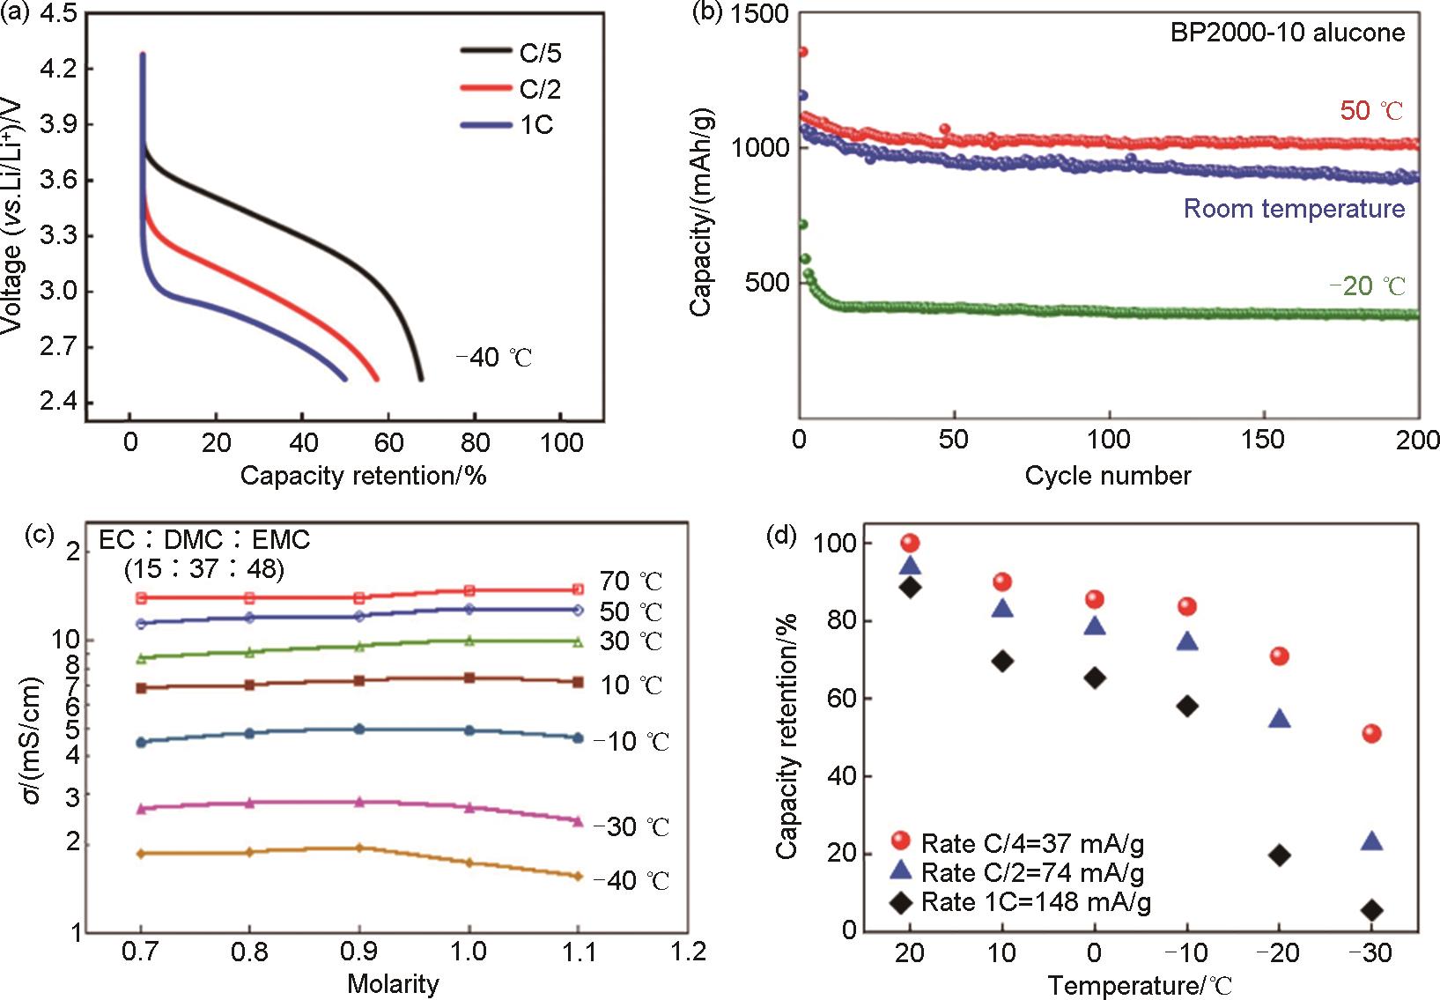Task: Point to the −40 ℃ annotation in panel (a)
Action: click(x=494, y=358)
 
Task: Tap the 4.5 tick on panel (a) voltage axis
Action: click(x=57, y=15)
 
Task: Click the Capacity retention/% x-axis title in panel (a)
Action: click(x=363, y=477)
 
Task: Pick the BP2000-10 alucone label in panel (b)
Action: click(x=1287, y=33)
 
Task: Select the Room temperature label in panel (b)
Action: click(x=1294, y=209)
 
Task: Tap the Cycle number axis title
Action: click(x=1107, y=477)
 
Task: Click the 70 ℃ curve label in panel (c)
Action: click(x=631, y=581)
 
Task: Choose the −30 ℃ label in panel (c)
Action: click(x=631, y=827)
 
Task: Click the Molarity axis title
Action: click(x=393, y=983)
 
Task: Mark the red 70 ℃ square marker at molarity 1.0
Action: click(x=469, y=590)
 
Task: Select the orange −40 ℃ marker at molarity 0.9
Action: click(x=358, y=848)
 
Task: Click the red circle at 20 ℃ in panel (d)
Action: click(x=910, y=544)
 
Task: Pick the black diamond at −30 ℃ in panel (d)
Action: click(x=1371, y=910)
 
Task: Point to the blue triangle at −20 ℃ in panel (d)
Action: click(x=1280, y=719)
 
